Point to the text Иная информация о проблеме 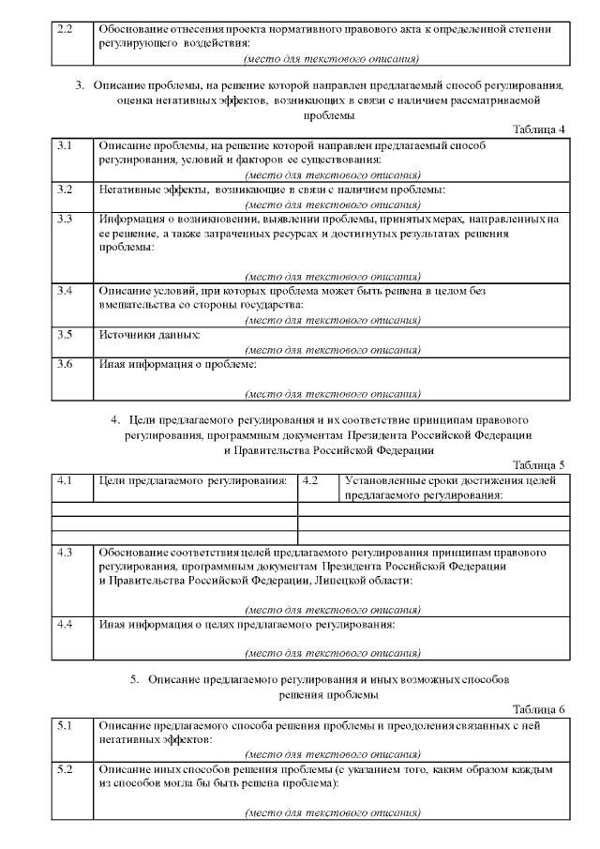(x=177, y=363)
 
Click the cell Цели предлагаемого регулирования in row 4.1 (x=192, y=480)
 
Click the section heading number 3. (x=80, y=85)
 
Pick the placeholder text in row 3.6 (x=332, y=393)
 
